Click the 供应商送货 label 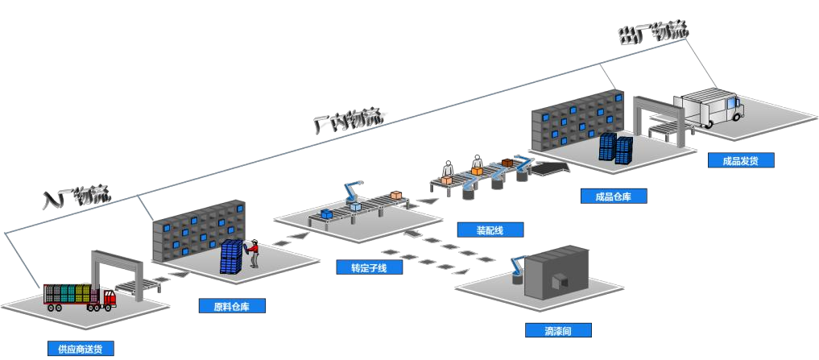click(81, 349)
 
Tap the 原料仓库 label click(232, 306)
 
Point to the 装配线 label click(490, 230)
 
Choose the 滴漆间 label click(558, 330)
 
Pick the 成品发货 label click(741, 159)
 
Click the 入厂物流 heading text click(77, 197)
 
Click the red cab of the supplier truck click(108, 297)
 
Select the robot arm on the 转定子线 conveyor click(351, 193)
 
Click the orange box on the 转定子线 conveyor click(396, 195)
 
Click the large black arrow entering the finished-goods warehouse click(549, 168)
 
